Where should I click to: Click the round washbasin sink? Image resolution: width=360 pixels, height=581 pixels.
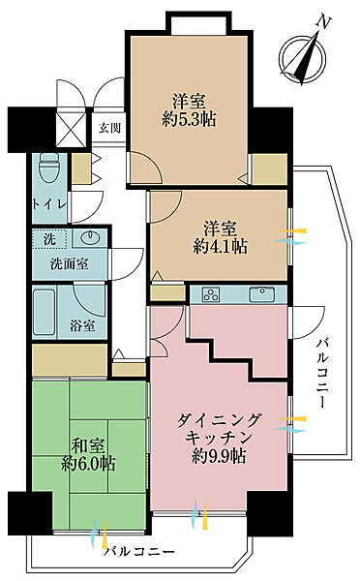point(91,237)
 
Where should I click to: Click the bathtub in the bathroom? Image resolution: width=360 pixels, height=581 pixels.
point(45,313)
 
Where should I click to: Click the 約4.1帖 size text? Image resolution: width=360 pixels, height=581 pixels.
point(225,247)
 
